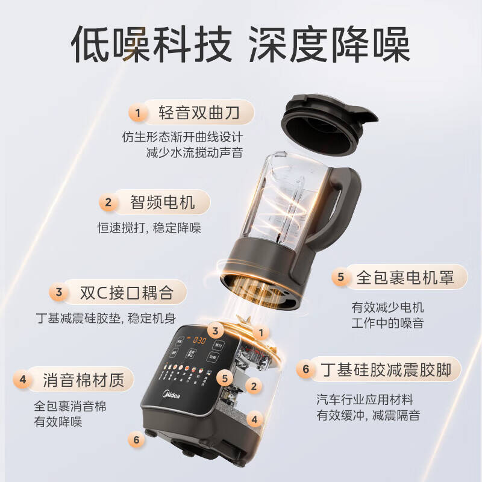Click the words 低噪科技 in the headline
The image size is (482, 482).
tap(150, 43)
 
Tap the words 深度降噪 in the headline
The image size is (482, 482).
tap(330, 43)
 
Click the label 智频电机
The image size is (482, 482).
tap(163, 202)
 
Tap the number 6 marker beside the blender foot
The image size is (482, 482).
tap(137, 440)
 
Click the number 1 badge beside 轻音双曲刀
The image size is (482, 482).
tap(138, 113)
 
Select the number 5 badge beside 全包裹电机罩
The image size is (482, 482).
tap(340, 277)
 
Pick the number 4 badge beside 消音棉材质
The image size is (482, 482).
tap(23, 380)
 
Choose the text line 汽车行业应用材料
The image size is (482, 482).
tap(365, 399)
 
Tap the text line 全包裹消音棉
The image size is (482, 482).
tap(70, 406)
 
